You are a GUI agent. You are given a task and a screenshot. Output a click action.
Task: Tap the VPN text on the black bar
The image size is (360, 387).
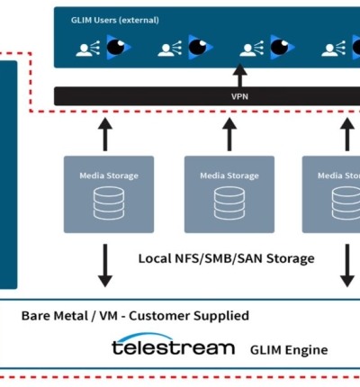point(238,96)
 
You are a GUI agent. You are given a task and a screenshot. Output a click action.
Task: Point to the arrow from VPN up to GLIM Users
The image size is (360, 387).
point(239,76)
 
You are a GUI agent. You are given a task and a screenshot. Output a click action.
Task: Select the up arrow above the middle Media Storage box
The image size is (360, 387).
point(229,132)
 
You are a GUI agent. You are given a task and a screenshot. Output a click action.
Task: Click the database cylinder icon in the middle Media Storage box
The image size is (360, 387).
point(228,204)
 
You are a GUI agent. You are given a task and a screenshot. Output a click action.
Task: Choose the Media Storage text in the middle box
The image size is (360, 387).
point(229,176)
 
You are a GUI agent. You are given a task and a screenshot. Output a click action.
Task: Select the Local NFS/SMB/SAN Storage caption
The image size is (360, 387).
point(226,258)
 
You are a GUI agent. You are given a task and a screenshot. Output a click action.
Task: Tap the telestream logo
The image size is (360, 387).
point(173,347)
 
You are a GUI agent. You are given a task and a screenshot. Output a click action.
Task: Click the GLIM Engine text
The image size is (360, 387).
point(288,350)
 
